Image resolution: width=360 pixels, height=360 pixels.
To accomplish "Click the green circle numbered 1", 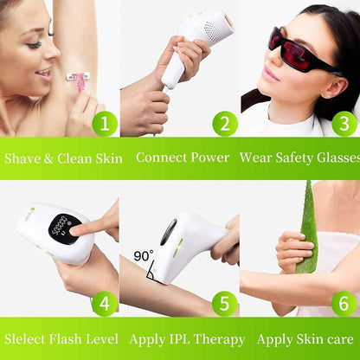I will [x=105, y=124].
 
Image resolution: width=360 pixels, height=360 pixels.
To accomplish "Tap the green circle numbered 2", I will [x=224, y=124].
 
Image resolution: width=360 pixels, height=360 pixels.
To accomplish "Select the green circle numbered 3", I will [x=344, y=124].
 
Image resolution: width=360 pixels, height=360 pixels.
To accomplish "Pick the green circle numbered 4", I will [x=105, y=304].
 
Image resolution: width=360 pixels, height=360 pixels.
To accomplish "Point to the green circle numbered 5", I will [x=224, y=304].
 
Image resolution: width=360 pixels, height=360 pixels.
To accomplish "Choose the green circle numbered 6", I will [x=344, y=304].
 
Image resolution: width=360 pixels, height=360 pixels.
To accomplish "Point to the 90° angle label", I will [x=144, y=257].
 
